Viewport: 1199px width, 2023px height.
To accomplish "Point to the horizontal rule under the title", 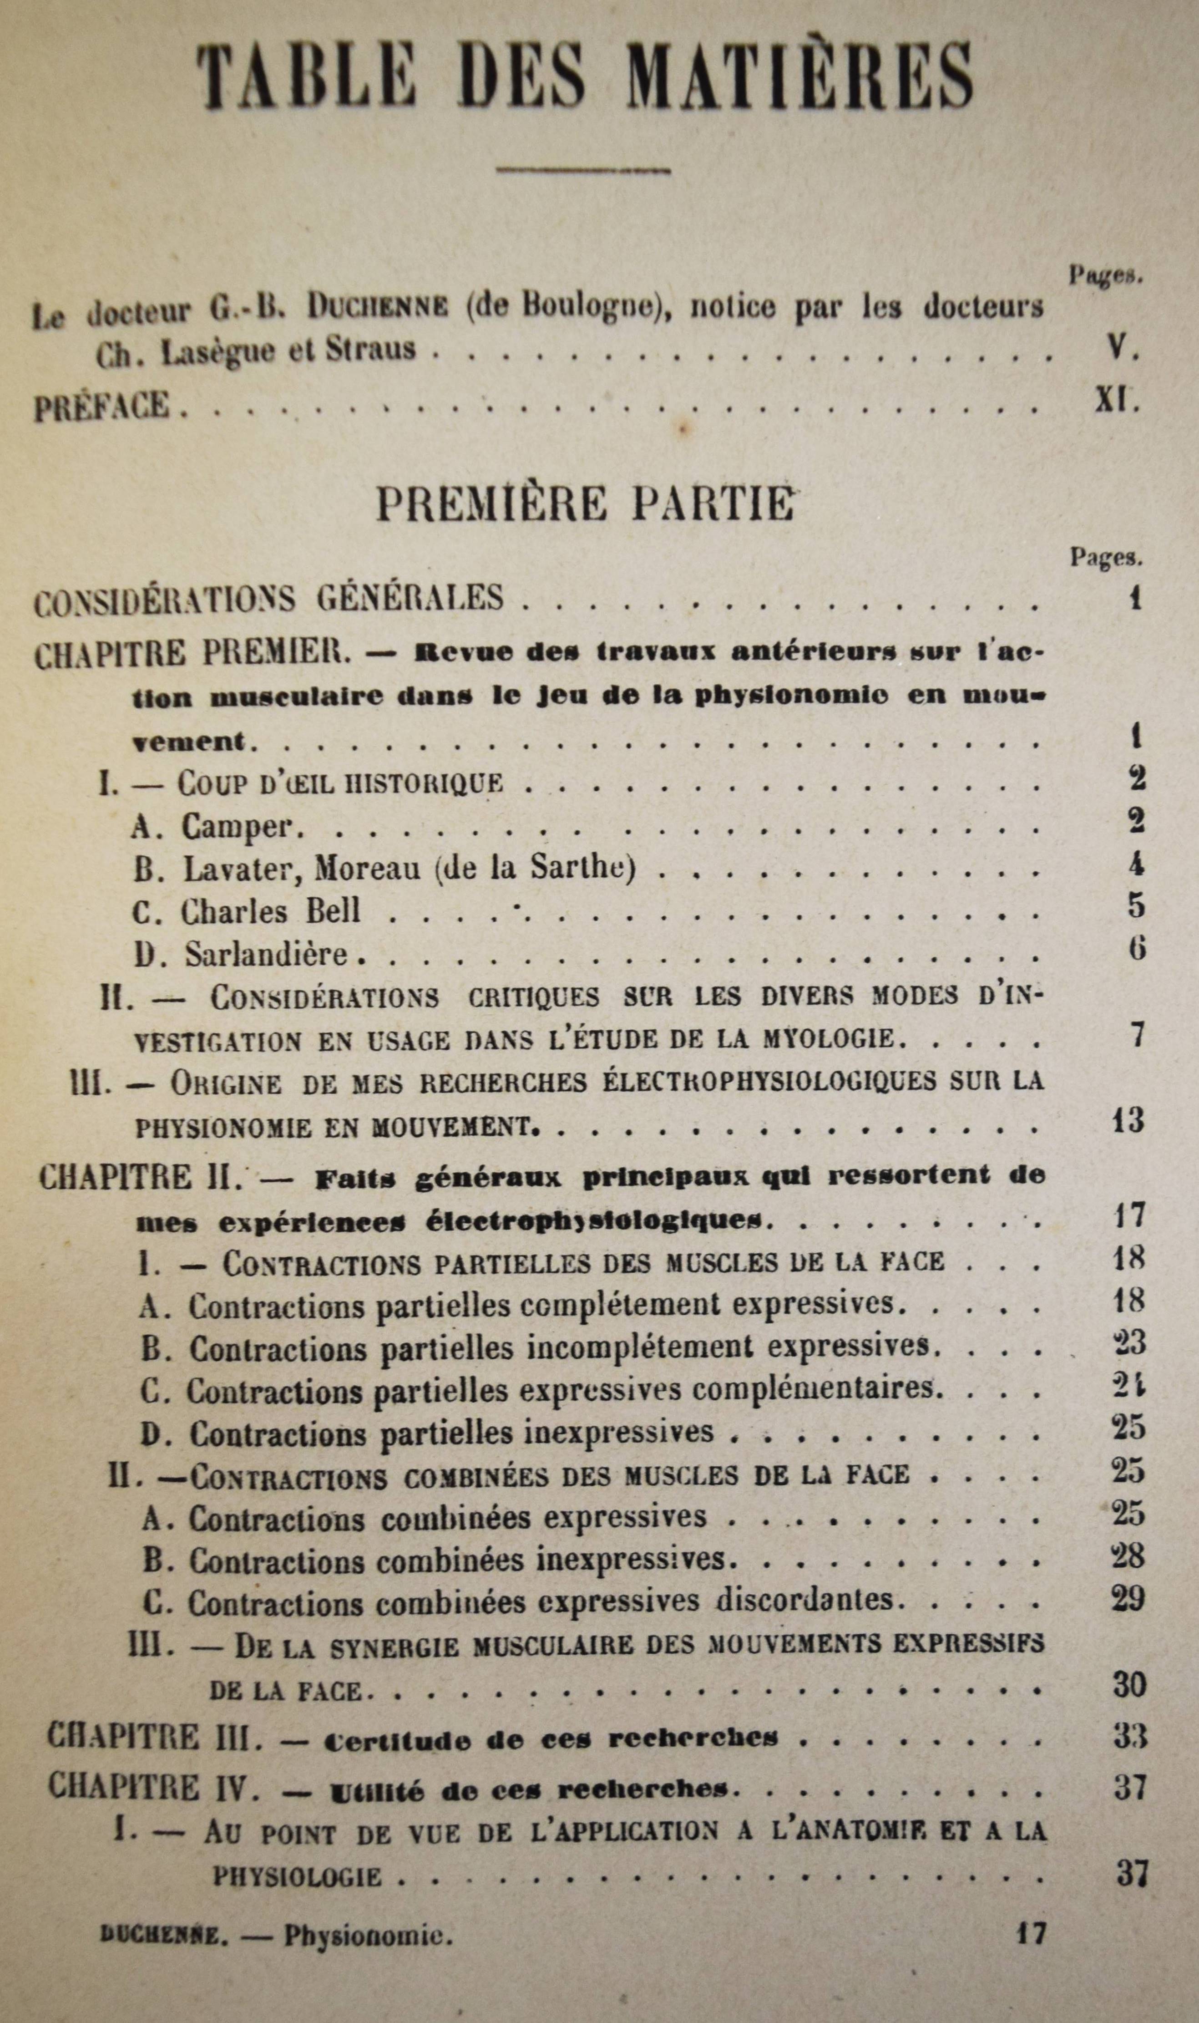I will [583, 170].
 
